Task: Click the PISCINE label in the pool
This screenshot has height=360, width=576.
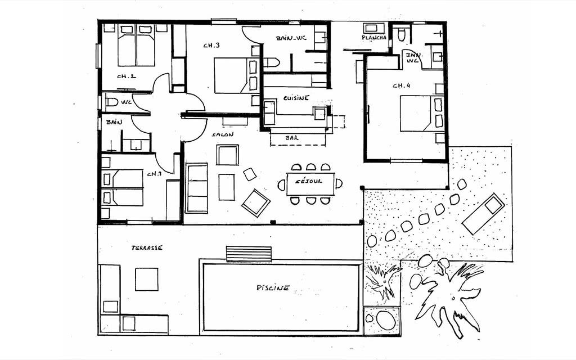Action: (273, 287)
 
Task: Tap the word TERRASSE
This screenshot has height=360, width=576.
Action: (147, 248)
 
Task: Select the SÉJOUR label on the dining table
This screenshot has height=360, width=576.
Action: (309, 181)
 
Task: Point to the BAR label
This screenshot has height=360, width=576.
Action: (292, 138)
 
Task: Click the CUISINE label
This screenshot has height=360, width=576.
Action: (296, 98)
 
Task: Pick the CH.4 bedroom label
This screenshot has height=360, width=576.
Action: (401, 85)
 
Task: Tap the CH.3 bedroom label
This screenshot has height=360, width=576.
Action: (211, 46)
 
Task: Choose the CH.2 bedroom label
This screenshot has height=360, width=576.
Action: (127, 76)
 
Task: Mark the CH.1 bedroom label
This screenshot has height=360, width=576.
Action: (154, 174)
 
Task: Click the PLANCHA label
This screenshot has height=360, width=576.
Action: (374, 38)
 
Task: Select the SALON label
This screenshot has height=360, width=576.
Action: (222, 134)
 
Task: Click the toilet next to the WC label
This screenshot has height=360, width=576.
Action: (111, 102)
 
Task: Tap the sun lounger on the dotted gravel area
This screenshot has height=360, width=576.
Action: (483, 213)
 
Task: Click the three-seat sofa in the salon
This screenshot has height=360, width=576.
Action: (197, 188)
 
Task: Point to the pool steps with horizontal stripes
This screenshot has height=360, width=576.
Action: (249, 254)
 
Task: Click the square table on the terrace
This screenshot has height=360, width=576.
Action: (147, 279)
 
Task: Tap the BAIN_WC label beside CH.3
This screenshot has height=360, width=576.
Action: (291, 38)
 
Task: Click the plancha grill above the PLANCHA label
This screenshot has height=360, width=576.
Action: (374, 28)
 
